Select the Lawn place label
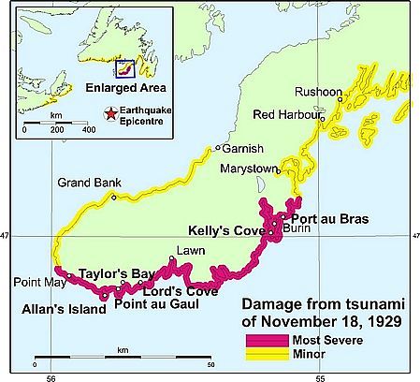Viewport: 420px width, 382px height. click(187, 250)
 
